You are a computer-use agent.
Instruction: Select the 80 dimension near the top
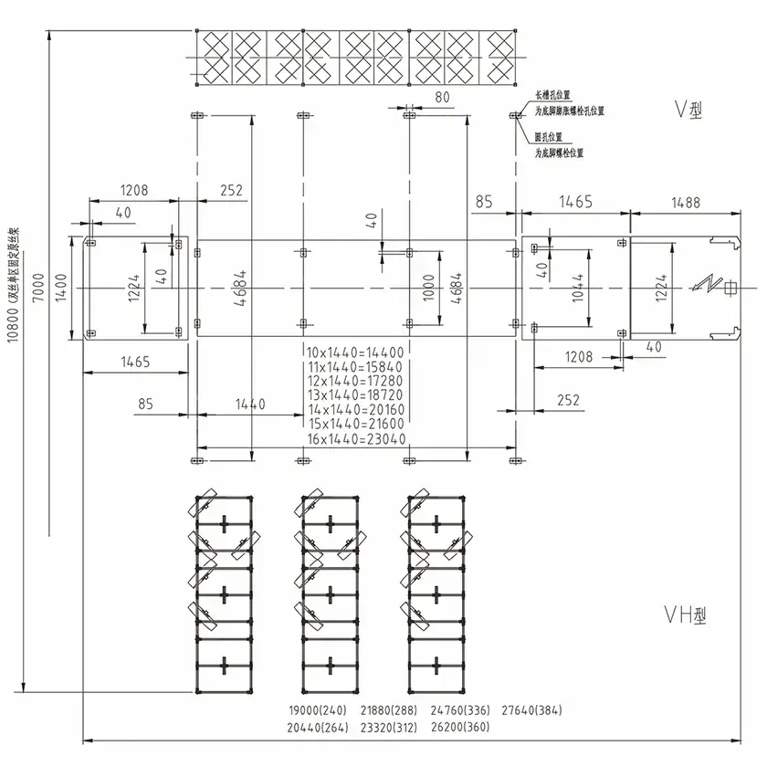pos(442,96)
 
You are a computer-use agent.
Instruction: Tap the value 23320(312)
pos(390,728)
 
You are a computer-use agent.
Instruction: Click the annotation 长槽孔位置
pos(554,95)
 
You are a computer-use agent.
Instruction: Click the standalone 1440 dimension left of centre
pos(250,403)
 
